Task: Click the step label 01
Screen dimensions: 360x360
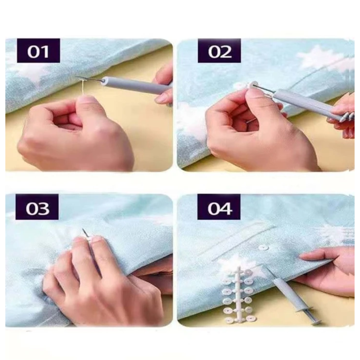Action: pos(39,51)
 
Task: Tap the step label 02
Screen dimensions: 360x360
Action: pos(219,51)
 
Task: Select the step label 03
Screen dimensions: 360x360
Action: pos(37,207)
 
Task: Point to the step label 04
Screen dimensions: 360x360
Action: pos(219,207)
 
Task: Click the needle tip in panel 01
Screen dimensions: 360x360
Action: pos(76,77)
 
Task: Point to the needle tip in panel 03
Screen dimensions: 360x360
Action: pos(83,229)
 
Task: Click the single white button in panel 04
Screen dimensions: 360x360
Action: pos(263,248)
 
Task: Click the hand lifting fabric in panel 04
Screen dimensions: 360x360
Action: pos(326,269)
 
